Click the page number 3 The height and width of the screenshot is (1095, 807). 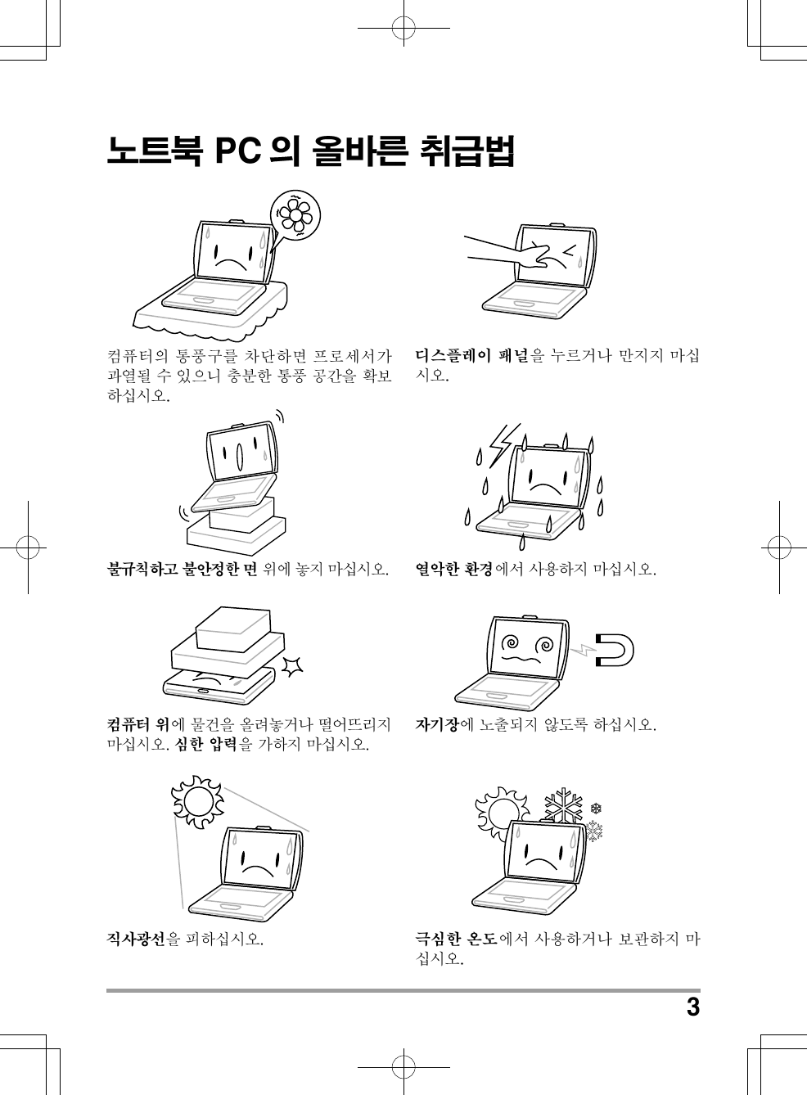[693, 1008]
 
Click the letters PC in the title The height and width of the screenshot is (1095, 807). [237, 151]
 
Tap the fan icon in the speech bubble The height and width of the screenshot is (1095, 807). [295, 215]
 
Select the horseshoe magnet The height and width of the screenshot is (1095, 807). [615, 650]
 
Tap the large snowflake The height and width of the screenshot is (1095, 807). [564, 804]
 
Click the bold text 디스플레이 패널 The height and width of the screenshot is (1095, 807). [472, 355]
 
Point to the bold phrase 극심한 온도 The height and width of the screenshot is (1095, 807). [456, 939]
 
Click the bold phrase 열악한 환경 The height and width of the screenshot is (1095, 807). [454, 569]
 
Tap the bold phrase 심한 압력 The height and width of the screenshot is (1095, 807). [205, 745]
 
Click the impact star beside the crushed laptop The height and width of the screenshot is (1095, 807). [293, 667]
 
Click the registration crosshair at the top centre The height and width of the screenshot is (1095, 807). [403, 28]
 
